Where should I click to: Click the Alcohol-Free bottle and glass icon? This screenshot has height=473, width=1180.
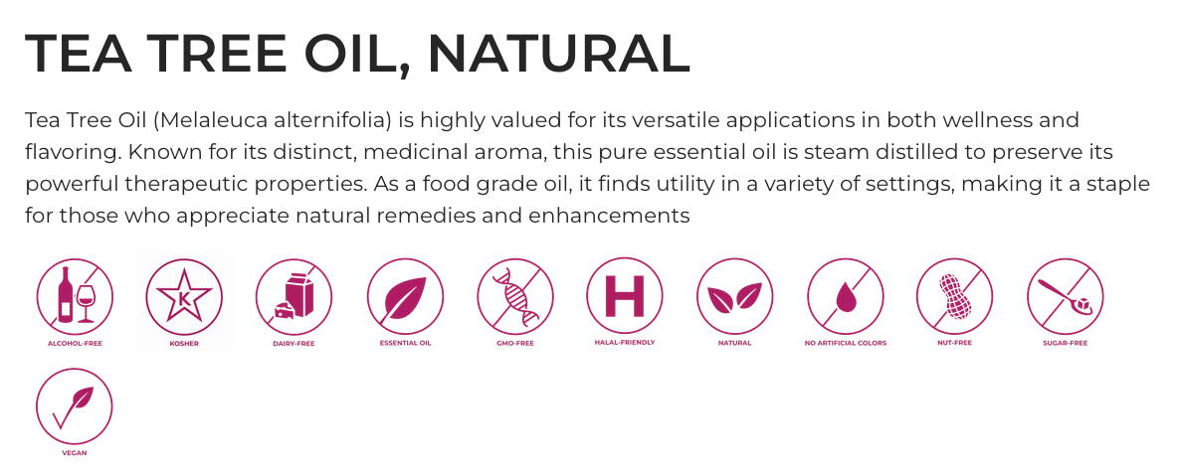(75, 295)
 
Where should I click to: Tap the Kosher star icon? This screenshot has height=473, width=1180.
(184, 295)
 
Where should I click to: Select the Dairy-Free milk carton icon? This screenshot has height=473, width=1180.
(295, 295)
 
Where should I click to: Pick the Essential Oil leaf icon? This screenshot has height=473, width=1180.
(405, 295)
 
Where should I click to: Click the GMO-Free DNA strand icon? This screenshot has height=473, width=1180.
(514, 295)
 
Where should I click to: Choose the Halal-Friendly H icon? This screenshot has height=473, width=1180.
(625, 295)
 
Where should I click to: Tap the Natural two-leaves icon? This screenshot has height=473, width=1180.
(734, 295)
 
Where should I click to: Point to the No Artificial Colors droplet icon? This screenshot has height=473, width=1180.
(845, 295)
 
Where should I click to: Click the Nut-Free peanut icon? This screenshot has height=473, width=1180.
(955, 295)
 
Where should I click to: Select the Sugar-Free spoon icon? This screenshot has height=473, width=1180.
(1065, 295)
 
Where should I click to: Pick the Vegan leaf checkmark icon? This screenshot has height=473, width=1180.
(75, 406)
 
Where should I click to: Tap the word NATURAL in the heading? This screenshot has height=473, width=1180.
(558, 54)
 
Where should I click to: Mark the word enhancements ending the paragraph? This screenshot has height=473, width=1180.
(610, 216)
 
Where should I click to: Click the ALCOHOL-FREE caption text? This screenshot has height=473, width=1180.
(75, 344)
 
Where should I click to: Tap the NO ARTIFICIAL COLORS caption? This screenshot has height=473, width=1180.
(845, 343)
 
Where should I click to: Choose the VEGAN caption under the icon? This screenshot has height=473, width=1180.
(75, 453)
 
